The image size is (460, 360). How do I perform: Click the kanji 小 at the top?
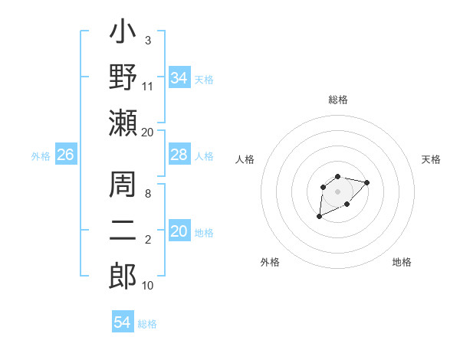[123, 34]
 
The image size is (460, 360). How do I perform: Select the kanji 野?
[123, 77]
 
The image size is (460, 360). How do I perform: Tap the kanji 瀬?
[123, 123]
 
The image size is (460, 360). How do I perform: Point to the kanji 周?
[123, 185]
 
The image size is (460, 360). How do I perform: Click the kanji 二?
[123, 230]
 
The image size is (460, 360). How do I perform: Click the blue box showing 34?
[179, 78]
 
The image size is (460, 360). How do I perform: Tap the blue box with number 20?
[179, 231]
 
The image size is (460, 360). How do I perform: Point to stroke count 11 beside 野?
[148, 87]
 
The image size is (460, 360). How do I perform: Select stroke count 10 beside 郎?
[148, 285]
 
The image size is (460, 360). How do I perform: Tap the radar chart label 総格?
[338, 100]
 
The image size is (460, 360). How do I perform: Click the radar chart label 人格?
[245, 159]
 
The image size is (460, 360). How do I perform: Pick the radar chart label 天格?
[432, 159]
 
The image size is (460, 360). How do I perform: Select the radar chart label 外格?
[270, 262]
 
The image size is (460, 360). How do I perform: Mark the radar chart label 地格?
[402, 262]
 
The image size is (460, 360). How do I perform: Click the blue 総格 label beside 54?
[147, 324]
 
